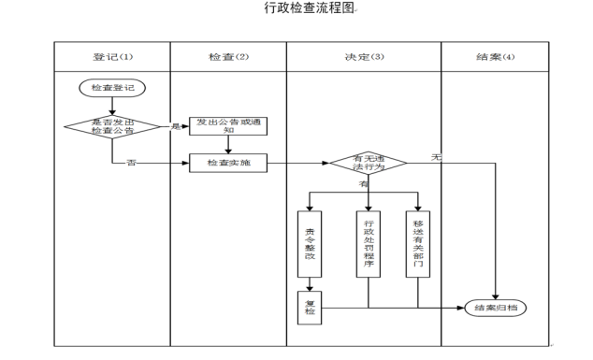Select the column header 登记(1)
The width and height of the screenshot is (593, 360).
112,57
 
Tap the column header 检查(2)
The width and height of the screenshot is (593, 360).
227,57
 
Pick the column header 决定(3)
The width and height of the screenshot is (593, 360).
364,57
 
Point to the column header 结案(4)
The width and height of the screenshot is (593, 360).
495,57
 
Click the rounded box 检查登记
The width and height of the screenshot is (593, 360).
112,88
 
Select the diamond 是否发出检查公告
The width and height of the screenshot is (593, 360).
112,127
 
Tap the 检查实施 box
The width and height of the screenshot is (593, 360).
228,163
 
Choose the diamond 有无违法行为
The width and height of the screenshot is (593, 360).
368,164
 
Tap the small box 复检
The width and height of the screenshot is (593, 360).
311,308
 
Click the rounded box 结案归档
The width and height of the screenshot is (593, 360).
495,307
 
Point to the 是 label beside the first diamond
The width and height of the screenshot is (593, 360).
175,126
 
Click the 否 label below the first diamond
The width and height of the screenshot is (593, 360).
131,163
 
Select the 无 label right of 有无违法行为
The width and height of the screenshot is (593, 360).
435,157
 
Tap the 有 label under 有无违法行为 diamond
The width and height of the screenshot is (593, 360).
364,184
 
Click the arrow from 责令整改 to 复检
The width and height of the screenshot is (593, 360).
311,286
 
